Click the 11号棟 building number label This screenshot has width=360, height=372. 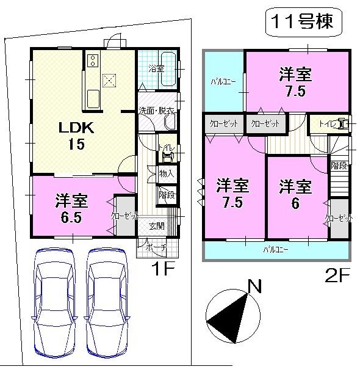[303, 24]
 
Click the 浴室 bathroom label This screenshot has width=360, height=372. [156, 68]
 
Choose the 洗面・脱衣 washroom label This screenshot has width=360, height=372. [156, 111]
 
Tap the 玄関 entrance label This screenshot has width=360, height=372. [157, 226]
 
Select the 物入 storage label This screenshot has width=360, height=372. [167, 174]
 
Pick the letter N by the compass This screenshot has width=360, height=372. [255, 286]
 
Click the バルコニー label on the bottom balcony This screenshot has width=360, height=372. [276, 250]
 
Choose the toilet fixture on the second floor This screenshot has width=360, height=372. [345, 124]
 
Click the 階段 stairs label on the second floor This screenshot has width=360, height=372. [339, 166]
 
